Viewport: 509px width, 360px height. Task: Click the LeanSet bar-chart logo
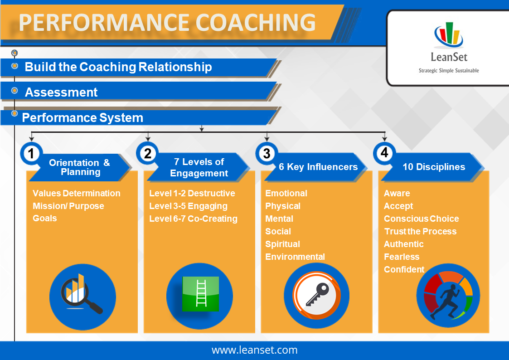point(449,35)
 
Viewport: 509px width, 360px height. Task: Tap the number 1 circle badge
point(31,154)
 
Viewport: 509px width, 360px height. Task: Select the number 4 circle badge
point(384,153)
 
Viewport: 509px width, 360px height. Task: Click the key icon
point(316,295)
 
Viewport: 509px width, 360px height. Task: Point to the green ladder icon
point(201,294)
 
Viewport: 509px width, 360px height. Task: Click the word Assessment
point(61,92)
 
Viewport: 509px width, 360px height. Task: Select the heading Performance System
point(82,117)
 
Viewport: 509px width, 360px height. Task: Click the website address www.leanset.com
point(255,350)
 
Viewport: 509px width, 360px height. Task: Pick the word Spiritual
point(282,244)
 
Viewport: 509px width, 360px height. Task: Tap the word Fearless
point(402,257)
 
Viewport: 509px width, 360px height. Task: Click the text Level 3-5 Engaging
point(188,206)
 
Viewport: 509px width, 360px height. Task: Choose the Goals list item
point(45,218)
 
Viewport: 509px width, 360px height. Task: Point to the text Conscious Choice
point(422,219)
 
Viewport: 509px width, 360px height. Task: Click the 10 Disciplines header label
point(434,167)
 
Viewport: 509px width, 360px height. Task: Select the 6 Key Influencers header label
point(318,167)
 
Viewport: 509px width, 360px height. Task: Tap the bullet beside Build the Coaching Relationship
point(15,66)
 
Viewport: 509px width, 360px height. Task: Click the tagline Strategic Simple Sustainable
point(449,70)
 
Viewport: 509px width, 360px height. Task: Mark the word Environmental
point(295,257)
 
